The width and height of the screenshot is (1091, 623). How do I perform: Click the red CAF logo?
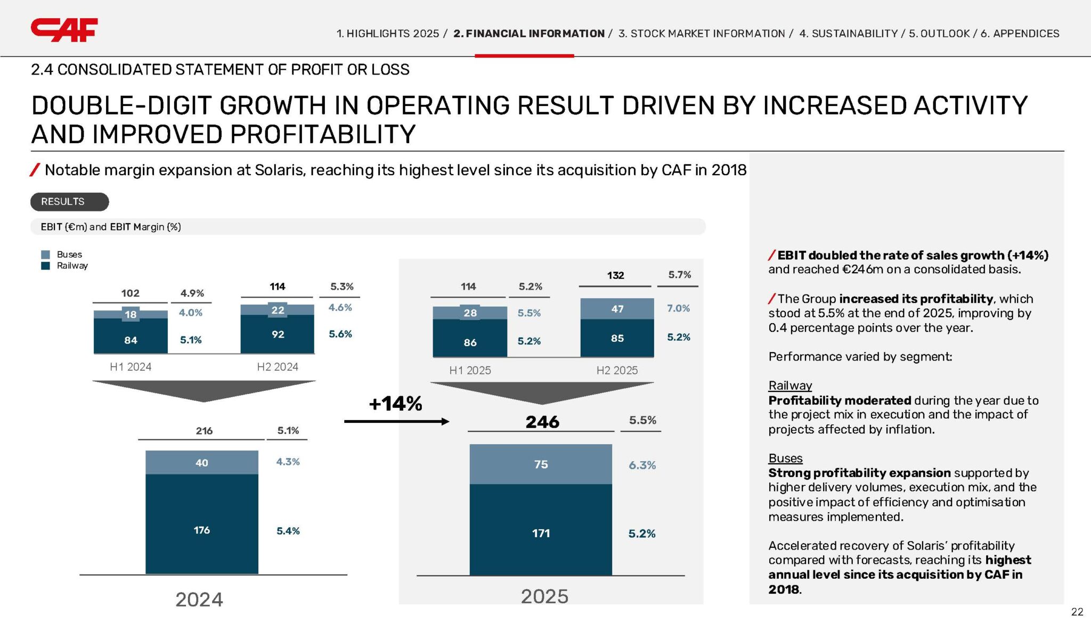(64, 30)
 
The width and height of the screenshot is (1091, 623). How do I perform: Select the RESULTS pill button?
(69, 202)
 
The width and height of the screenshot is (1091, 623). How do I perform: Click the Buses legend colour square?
(46, 255)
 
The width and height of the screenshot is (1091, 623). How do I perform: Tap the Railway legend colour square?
(46, 266)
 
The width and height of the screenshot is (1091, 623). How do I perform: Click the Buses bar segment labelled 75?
(541, 464)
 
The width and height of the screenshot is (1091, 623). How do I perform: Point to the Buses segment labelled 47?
(617, 309)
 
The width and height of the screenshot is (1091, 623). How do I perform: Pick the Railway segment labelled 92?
(278, 334)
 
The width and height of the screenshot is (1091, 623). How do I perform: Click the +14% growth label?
(395, 404)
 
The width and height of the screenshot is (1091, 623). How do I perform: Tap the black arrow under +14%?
(397, 422)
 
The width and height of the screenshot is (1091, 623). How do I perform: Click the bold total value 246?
(542, 422)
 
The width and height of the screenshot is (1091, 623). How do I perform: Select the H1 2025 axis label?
(470, 371)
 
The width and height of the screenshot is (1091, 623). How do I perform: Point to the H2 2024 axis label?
(278, 367)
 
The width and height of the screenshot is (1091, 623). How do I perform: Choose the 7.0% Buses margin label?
(678, 308)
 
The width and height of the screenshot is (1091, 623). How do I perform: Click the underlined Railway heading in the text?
(790, 386)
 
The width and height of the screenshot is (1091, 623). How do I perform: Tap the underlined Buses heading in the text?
(785, 458)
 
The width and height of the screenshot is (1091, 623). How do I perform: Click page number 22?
(1077, 612)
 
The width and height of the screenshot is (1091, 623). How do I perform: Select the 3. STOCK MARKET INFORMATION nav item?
(702, 34)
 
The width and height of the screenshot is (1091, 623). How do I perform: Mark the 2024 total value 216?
(204, 431)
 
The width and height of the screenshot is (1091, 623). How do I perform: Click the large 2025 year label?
(544, 596)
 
